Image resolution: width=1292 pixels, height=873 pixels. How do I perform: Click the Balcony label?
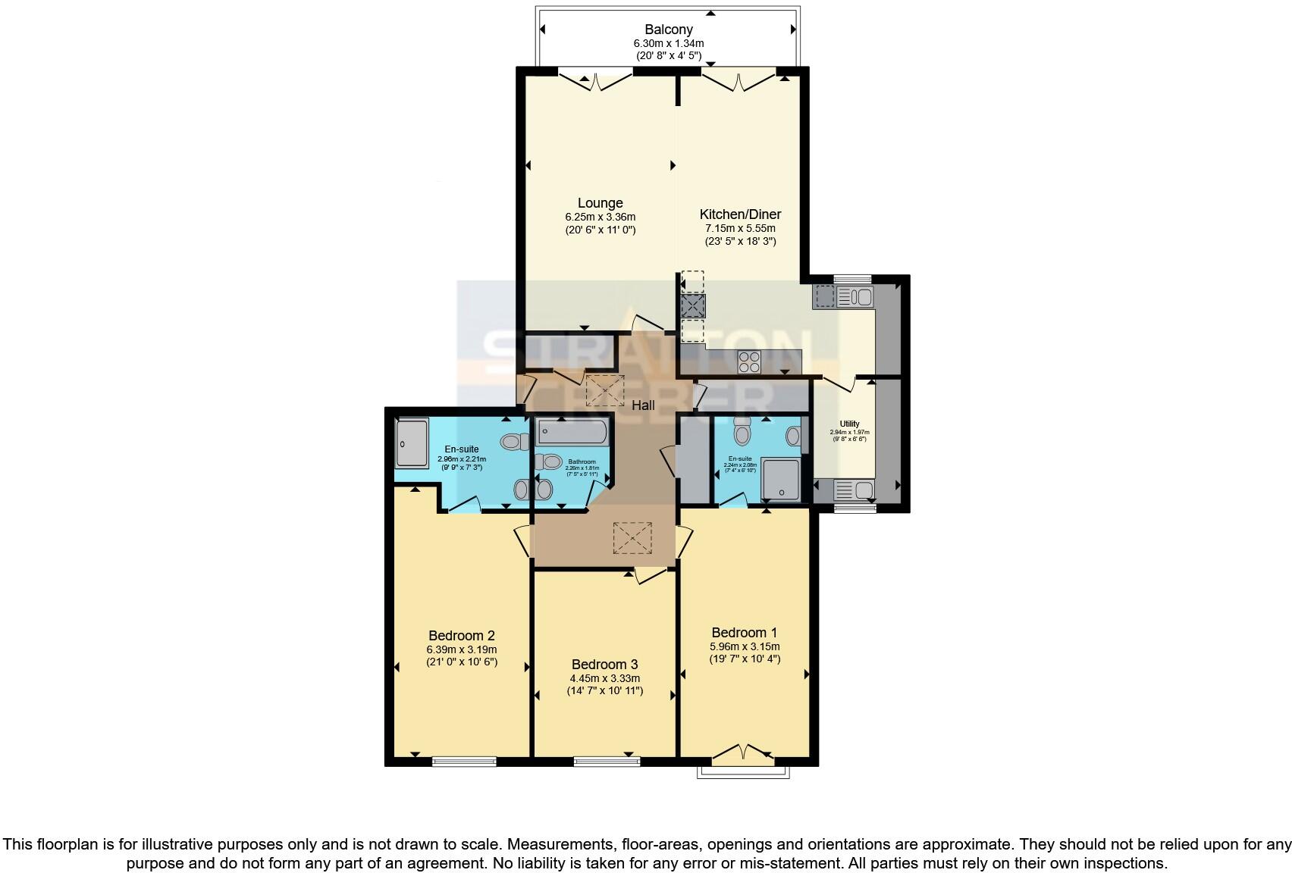(668, 30)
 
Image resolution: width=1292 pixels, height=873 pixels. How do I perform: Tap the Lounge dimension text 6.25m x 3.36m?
(600, 217)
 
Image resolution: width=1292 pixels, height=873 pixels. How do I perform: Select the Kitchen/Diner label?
(740, 214)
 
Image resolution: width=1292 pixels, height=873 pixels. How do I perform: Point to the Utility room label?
(849, 424)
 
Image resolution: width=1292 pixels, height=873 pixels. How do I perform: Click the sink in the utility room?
(855, 490)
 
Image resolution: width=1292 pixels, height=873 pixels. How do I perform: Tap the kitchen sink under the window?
(855, 296)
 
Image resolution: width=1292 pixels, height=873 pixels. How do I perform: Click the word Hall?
(643, 405)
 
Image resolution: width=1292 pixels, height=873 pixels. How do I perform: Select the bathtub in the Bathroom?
(572, 433)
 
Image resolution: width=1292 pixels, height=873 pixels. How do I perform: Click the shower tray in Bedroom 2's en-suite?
(412, 443)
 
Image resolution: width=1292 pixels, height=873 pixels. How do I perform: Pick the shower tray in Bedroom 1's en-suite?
(780, 479)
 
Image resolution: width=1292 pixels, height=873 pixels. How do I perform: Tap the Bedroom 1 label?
(744, 633)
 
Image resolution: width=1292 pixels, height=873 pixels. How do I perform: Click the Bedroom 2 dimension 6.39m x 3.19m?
(462, 649)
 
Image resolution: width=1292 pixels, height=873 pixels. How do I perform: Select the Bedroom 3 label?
(604, 665)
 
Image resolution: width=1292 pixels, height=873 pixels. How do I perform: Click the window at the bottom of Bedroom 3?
(607, 761)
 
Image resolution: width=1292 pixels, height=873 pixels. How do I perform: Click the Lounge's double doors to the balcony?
(595, 78)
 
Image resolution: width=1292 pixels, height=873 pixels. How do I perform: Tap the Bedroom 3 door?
(651, 576)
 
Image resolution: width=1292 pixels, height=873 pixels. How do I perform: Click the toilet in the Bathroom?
(548, 462)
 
